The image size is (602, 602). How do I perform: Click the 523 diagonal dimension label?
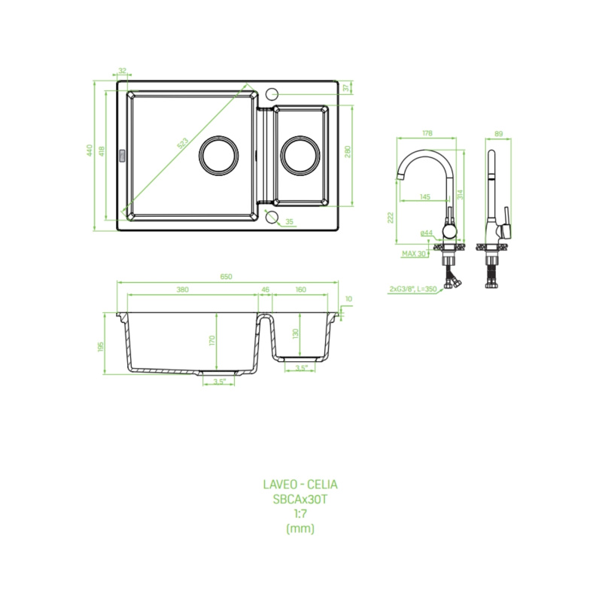pyautogui.click(x=183, y=143)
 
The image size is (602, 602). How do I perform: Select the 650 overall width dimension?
pyautogui.click(x=227, y=276)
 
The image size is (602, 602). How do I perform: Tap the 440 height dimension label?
pyautogui.click(x=90, y=150)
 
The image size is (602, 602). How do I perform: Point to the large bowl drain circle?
pyautogui.click(x=218, y=156)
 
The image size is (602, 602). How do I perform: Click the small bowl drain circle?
pyautogui.click(x=299, y=156)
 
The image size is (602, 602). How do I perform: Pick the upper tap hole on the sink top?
pyautogui.click(x=272, y=93)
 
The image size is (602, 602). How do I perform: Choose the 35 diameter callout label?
pyautogui.click(x=290, y=221)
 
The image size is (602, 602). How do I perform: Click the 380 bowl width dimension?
pyautogui.click(x=183, y=290)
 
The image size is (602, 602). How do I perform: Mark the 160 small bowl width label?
pyautogui.click(x=300, y=290)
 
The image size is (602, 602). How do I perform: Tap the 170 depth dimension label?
pyautogui.click(x=212, y=340)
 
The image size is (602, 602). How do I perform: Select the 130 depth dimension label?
pyautogui.click(x=295, y=334)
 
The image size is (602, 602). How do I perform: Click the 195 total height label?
pyautogui.click(x=101, y=347)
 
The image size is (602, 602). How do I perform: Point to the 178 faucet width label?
pyautogui.click(x=427, y=133)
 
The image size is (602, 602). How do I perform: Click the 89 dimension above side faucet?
pyautogui.click(x=498, y=134)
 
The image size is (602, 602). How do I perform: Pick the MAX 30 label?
pyautogui.click(x=414, y=254)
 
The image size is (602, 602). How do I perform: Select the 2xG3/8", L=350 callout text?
pyautogui.click(x=413, y=289)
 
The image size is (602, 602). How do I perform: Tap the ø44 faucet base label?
pyautogui.click(x=427, y=233)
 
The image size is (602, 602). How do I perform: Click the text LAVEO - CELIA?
pyautogui.click(x=300, y=484)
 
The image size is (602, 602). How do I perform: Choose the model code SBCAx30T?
pyautogui.click(x=300, y=499)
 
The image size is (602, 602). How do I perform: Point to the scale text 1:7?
pyautogui.click(x=300, y=513)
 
